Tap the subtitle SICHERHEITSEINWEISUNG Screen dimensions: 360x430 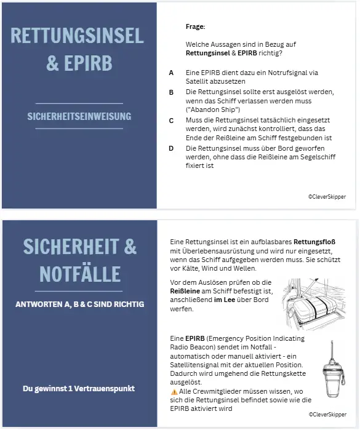pyautogui.click(x=79, y=116)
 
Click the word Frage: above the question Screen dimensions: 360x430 pyautogui.click(x=195, y=26)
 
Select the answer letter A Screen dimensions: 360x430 pyautogui.click(x=171, y=73)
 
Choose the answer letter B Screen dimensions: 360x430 pyautogui.click(x=171, y=92)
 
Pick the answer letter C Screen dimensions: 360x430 pyautogui.click(x=171, y=120)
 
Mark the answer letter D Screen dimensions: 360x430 pyautogui.click(x=171, y=148)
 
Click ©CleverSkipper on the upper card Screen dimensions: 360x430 pyautogui.click(x=327, y=196)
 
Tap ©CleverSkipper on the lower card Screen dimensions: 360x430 pyautogui.click(x=327, y=415)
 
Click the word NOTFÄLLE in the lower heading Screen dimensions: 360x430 pyautogui.click(x=79, y=273)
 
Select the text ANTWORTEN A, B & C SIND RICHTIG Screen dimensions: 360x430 pyautogui.click(x=79, y=304)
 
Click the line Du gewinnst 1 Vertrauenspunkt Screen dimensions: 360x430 pyautogui.click(x=79, y=388)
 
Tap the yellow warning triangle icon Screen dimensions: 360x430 pyautogui.click(x=174, y=391)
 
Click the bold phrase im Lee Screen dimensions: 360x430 pyautogui.click(x=225, y=300)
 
